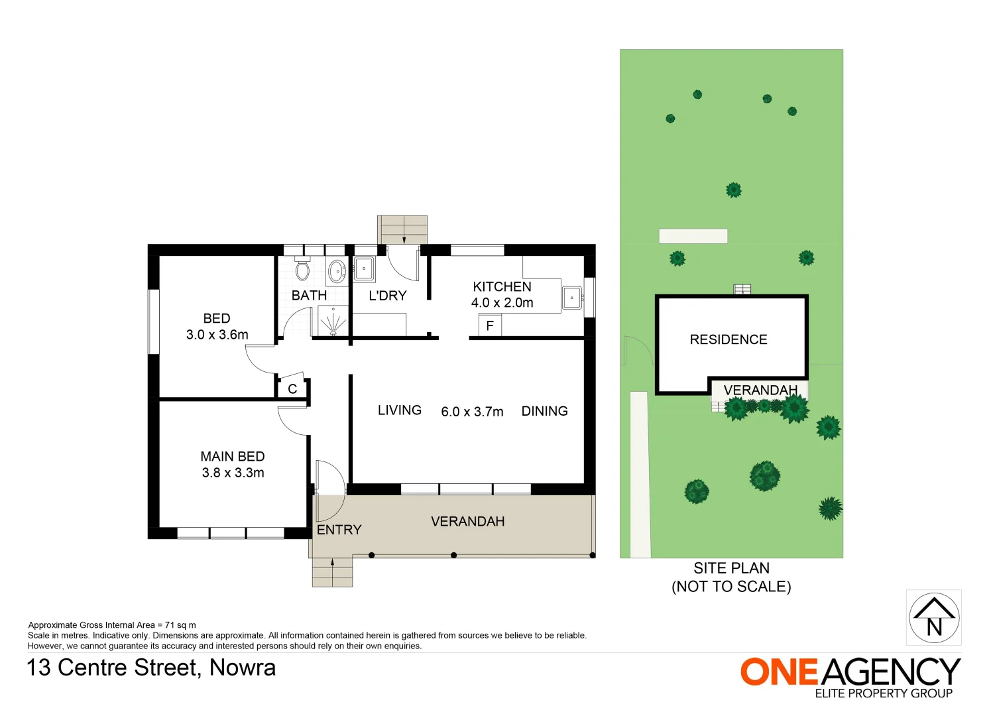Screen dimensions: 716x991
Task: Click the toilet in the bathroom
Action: click(302, 268)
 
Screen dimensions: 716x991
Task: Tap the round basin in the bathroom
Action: click(337, 270)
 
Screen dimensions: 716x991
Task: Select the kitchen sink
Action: click(571, 298)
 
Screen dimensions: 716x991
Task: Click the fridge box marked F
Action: click(490, 326)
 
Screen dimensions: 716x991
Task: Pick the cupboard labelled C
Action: click(292, 389)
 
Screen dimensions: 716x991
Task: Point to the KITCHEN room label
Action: click(502, 286)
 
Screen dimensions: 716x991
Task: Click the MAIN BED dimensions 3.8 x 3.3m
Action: click(233, 473)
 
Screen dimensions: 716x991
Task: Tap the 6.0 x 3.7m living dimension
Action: click(472, 412)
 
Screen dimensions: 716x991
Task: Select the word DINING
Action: click(544, 411)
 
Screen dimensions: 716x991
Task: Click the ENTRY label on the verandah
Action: click(339, 530)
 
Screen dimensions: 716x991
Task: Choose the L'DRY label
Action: click(387, 296)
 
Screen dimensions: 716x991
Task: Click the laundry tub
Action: click(364, 269)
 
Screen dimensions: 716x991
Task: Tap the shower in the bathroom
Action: click(333, 321)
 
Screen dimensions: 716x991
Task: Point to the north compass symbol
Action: click(933, 617)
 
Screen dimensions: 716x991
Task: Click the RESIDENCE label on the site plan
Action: click(728, 339)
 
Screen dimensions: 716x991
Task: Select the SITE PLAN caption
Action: click(731, 568)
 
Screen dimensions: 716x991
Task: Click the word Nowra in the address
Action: click(242, 668)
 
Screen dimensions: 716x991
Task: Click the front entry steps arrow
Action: click(332, 566)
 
